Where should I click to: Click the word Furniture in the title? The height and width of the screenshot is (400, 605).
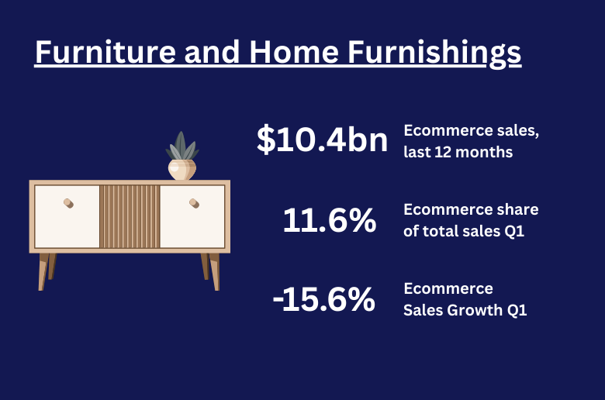click(x=105, y=52)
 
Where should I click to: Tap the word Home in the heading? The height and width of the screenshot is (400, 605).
click(x=294, y=52)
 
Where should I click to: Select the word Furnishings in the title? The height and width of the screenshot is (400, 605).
click(x=434, y=54)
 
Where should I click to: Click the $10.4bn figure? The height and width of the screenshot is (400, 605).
click(x=322, y=140)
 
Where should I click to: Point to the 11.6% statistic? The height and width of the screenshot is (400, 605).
click(x=330, y=220)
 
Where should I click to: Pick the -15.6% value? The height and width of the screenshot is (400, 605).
click(x=324, y=299)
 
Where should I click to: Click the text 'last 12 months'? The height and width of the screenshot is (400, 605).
click(x=458, y=152)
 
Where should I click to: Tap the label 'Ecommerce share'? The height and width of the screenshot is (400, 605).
click(x=471, y=209)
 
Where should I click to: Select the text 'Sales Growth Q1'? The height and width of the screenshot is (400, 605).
click(x=465, y=310)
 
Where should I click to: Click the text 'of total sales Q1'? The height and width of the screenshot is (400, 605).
click(x=464, y=232)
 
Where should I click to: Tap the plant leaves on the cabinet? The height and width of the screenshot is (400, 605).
click(x=181, y=147)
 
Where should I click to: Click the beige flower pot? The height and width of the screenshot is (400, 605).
click(x=182, y=170)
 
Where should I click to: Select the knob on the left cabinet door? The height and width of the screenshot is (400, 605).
click(x=69, y=203)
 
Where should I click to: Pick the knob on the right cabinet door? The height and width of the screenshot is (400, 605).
click(x=195, y=203)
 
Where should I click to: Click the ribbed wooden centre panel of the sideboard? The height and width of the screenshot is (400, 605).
click(x=130, y=216)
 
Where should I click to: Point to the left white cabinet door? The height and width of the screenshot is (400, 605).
click(x=67, y=216)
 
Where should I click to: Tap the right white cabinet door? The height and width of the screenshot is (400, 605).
click(x=192, y=216)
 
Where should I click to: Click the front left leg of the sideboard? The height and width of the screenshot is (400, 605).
click(x=43, y=271)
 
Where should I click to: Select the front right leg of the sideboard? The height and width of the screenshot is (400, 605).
click(x=215, y=271)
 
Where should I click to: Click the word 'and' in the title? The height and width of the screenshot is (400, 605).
click(x=213, y=52)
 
